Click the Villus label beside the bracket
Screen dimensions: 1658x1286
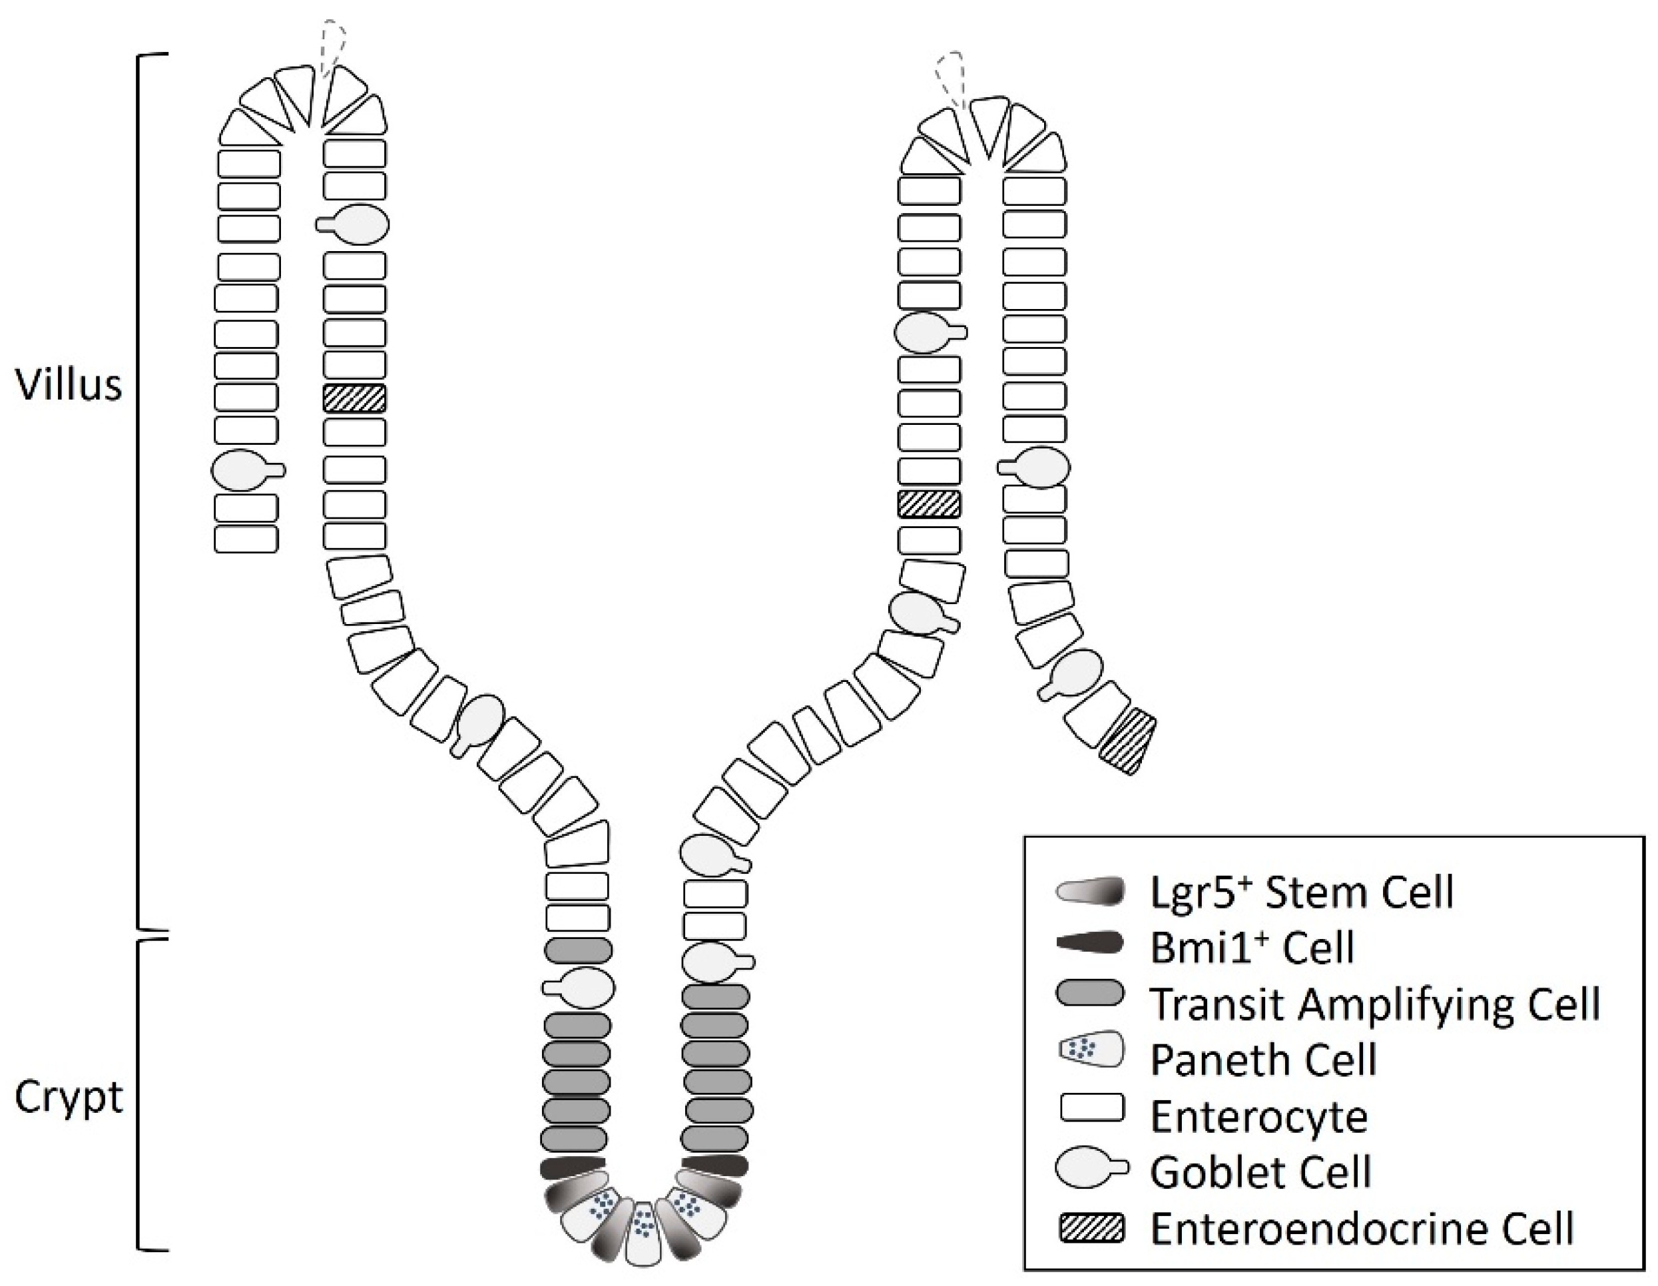pos(69,385)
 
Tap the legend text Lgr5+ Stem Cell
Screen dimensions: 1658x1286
pos(1301,891)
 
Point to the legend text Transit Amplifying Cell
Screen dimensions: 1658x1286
pos(1375,1004)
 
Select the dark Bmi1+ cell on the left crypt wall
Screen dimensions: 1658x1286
pos(575,1167)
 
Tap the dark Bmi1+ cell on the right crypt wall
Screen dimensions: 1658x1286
pos(714,1165)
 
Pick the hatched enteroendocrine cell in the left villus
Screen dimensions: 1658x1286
pos(354,398)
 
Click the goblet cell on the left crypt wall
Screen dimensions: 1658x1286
pos(581,987)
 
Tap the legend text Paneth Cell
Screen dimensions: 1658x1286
pos(1263,1060)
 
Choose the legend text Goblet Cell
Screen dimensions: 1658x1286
pos(1260,1172)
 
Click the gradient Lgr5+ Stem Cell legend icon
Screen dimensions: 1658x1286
pos(1089,890)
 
